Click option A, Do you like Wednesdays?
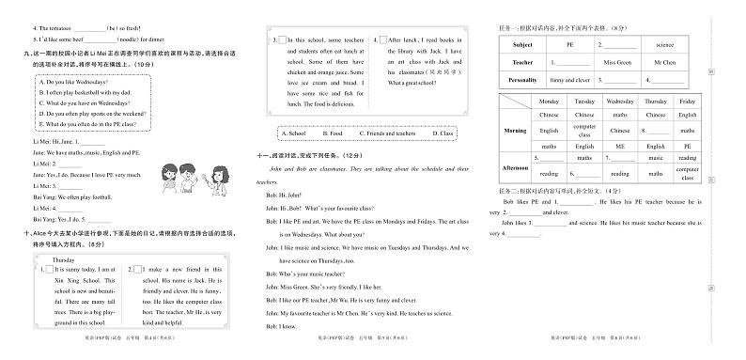click(74, 82)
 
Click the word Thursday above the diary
click(64, 258)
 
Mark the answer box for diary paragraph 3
click(279, 40)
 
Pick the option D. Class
click(443, 133)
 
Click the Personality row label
click(521, 81)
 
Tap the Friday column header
click(687, 101)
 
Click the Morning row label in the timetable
click(515, 130)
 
